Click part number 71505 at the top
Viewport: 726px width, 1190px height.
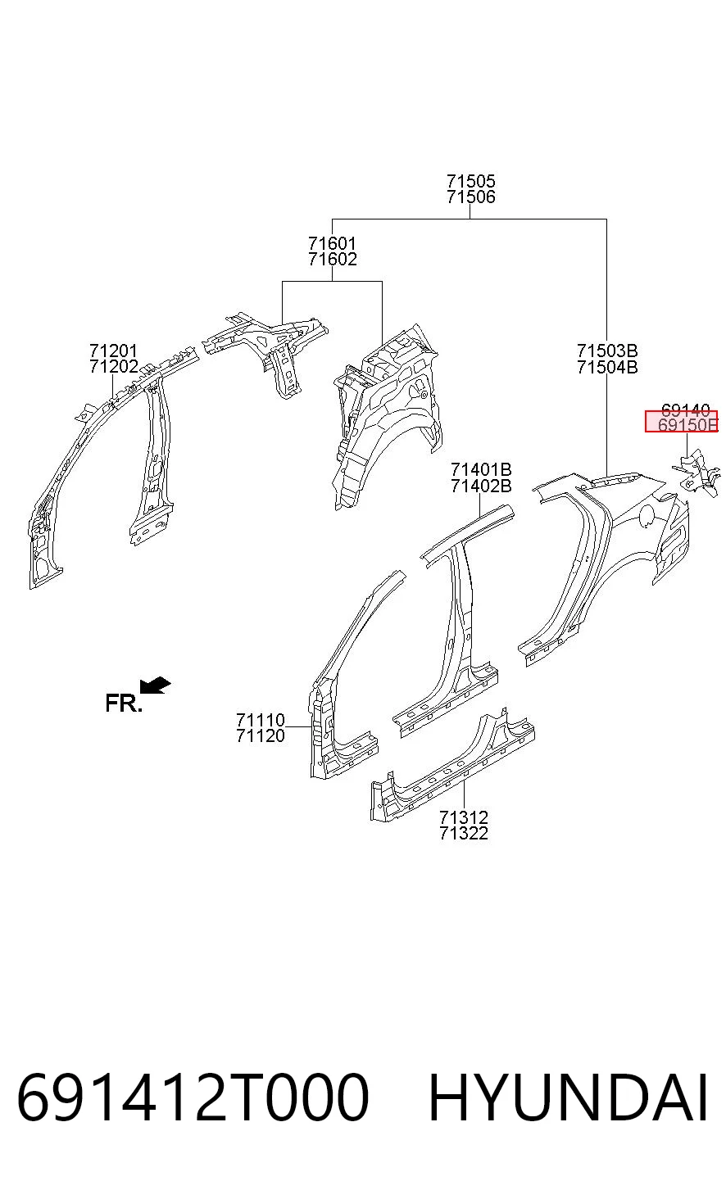470,182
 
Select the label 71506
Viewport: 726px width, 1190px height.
470,197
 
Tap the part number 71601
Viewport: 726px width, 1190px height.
332,244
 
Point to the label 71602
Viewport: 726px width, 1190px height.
332,260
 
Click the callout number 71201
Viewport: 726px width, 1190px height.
113,351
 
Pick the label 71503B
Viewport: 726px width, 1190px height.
607,351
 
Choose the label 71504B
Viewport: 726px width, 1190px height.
607,367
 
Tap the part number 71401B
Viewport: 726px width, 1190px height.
481,470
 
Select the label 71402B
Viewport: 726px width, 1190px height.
481,486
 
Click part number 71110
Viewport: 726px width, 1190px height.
261,721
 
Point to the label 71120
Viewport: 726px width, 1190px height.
261,735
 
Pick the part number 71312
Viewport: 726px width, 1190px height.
464,817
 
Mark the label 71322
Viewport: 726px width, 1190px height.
464,833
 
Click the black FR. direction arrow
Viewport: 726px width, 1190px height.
155,685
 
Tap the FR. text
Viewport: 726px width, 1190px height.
124,704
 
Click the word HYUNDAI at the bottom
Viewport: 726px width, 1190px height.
568,1097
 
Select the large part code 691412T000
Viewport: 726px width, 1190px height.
193,1097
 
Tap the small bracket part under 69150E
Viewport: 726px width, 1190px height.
697,473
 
